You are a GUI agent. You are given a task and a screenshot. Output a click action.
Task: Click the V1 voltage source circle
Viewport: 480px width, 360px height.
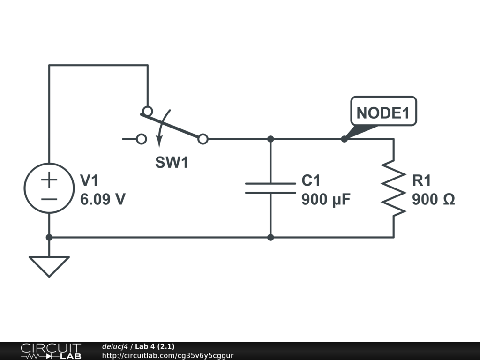(x=49, y=188)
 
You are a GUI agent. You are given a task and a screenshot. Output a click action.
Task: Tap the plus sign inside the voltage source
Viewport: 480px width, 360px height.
(x=49, y=179)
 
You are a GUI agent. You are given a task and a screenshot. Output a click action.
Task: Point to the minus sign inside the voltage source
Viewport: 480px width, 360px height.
(x=49, y=199)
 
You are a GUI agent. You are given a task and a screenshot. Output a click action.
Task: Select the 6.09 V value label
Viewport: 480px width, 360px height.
(x=103, y=200)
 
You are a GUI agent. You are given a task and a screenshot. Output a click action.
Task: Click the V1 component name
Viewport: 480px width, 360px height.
(x=90, y=180)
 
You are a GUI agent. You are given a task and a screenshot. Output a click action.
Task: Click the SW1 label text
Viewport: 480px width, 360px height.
(x=172, y=163)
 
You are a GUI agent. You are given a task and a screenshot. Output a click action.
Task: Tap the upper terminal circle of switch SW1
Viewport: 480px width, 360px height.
(x=147, y=111)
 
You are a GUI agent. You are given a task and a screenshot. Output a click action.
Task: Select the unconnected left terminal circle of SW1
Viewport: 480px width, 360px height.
(x=141, y=139)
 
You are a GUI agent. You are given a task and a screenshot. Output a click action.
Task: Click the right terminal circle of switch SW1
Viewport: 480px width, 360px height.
(x=203, y=139)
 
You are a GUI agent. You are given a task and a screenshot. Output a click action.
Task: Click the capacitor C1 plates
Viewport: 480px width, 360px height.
(x=270, y=188)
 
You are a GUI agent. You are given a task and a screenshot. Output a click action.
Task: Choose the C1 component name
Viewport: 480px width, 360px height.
(x=311, y=180)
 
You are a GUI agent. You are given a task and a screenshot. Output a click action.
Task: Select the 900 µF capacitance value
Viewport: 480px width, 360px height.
(x=326, y=200)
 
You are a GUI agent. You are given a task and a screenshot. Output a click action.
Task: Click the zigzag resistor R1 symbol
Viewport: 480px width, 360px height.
(x=393, y=188)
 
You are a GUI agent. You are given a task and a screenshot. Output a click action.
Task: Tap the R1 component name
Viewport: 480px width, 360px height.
(x=421, y=180)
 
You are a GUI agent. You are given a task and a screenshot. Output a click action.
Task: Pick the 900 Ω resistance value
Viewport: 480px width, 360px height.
(x=433, y=200)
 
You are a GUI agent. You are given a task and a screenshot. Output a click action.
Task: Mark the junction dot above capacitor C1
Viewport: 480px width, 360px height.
(x=270, y=139)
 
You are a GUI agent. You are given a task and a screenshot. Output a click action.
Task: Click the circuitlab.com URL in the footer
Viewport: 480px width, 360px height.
(x=167, y=355)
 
